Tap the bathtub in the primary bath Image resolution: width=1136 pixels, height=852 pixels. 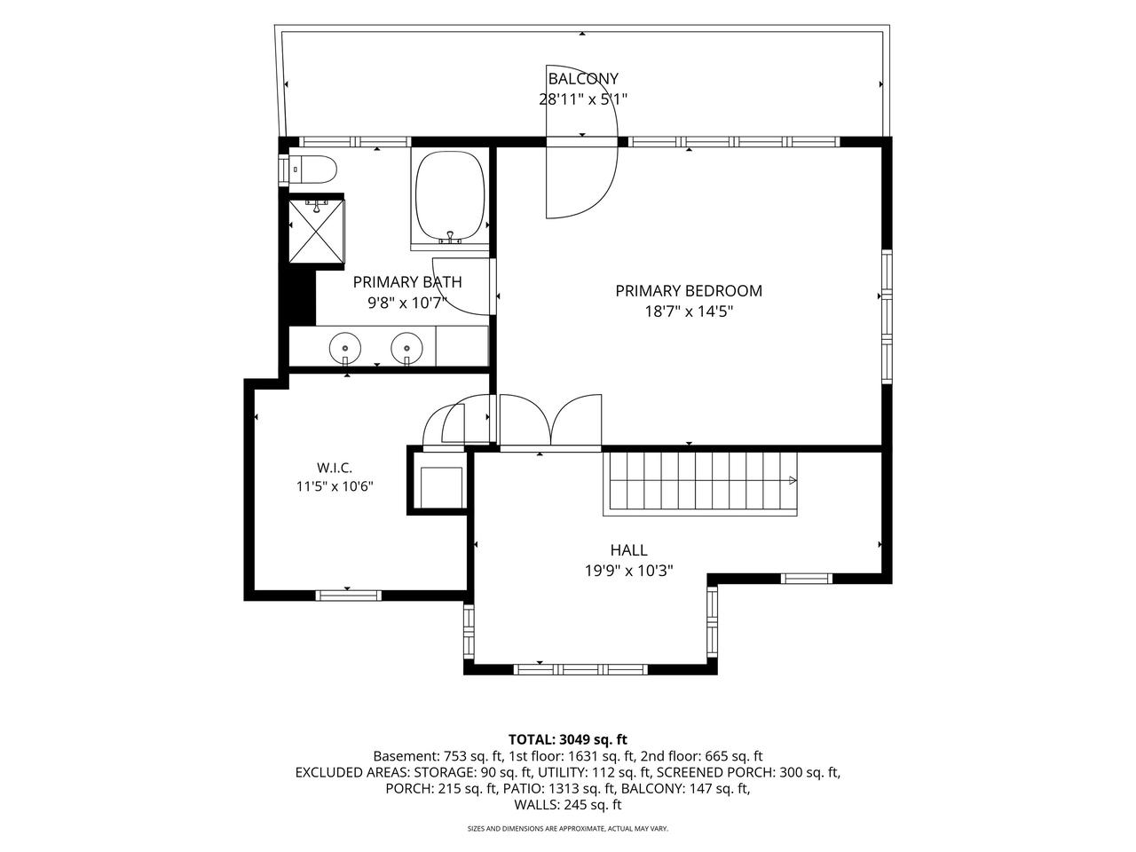(x=450, y=196)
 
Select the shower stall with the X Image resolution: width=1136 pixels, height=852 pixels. (x=316, y=232)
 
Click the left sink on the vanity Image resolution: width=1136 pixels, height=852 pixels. (x=345, y=348)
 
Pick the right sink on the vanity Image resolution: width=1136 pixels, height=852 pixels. (x=406, y=348)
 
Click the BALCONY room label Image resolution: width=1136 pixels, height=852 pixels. (x=583, y=79)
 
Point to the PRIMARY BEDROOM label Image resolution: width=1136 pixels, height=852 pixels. (x=689, y=291)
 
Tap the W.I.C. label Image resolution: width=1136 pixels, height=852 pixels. (x=335, y=468)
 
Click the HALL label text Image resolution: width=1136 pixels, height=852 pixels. (x=629, y=550)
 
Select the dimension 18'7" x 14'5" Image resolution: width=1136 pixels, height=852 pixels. (x=689, y=312)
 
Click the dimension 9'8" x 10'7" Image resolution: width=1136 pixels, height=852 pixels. (x=407, y=303)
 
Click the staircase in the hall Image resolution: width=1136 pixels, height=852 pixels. (x=699, y=484)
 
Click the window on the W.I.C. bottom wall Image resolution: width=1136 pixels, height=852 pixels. (x=348, y=596)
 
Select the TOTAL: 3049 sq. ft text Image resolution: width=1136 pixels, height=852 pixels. (x=568, y=739)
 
